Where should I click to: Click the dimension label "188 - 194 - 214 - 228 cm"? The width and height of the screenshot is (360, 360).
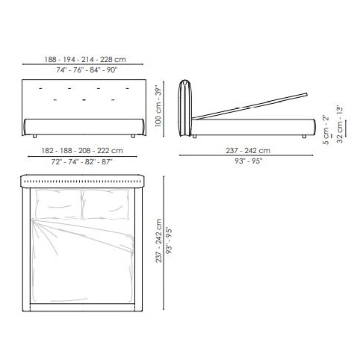coord(85,60)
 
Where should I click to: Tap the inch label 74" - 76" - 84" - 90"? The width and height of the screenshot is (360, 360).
coord(87,70)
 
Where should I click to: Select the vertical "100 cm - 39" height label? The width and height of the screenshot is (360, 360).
coord(158,108)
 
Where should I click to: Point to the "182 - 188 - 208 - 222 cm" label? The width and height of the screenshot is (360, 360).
coord(82,151)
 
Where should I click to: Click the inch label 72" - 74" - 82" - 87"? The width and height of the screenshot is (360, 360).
coord(82,162)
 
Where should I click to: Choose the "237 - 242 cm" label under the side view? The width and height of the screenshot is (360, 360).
coord(248,151)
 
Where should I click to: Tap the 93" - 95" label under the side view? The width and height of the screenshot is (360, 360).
coord(249,161)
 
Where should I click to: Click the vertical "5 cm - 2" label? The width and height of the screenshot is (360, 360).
coord(326,129)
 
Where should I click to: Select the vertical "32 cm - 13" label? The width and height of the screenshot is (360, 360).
coord(340,124)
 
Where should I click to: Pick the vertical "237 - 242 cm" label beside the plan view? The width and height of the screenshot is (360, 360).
coord(159,240)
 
